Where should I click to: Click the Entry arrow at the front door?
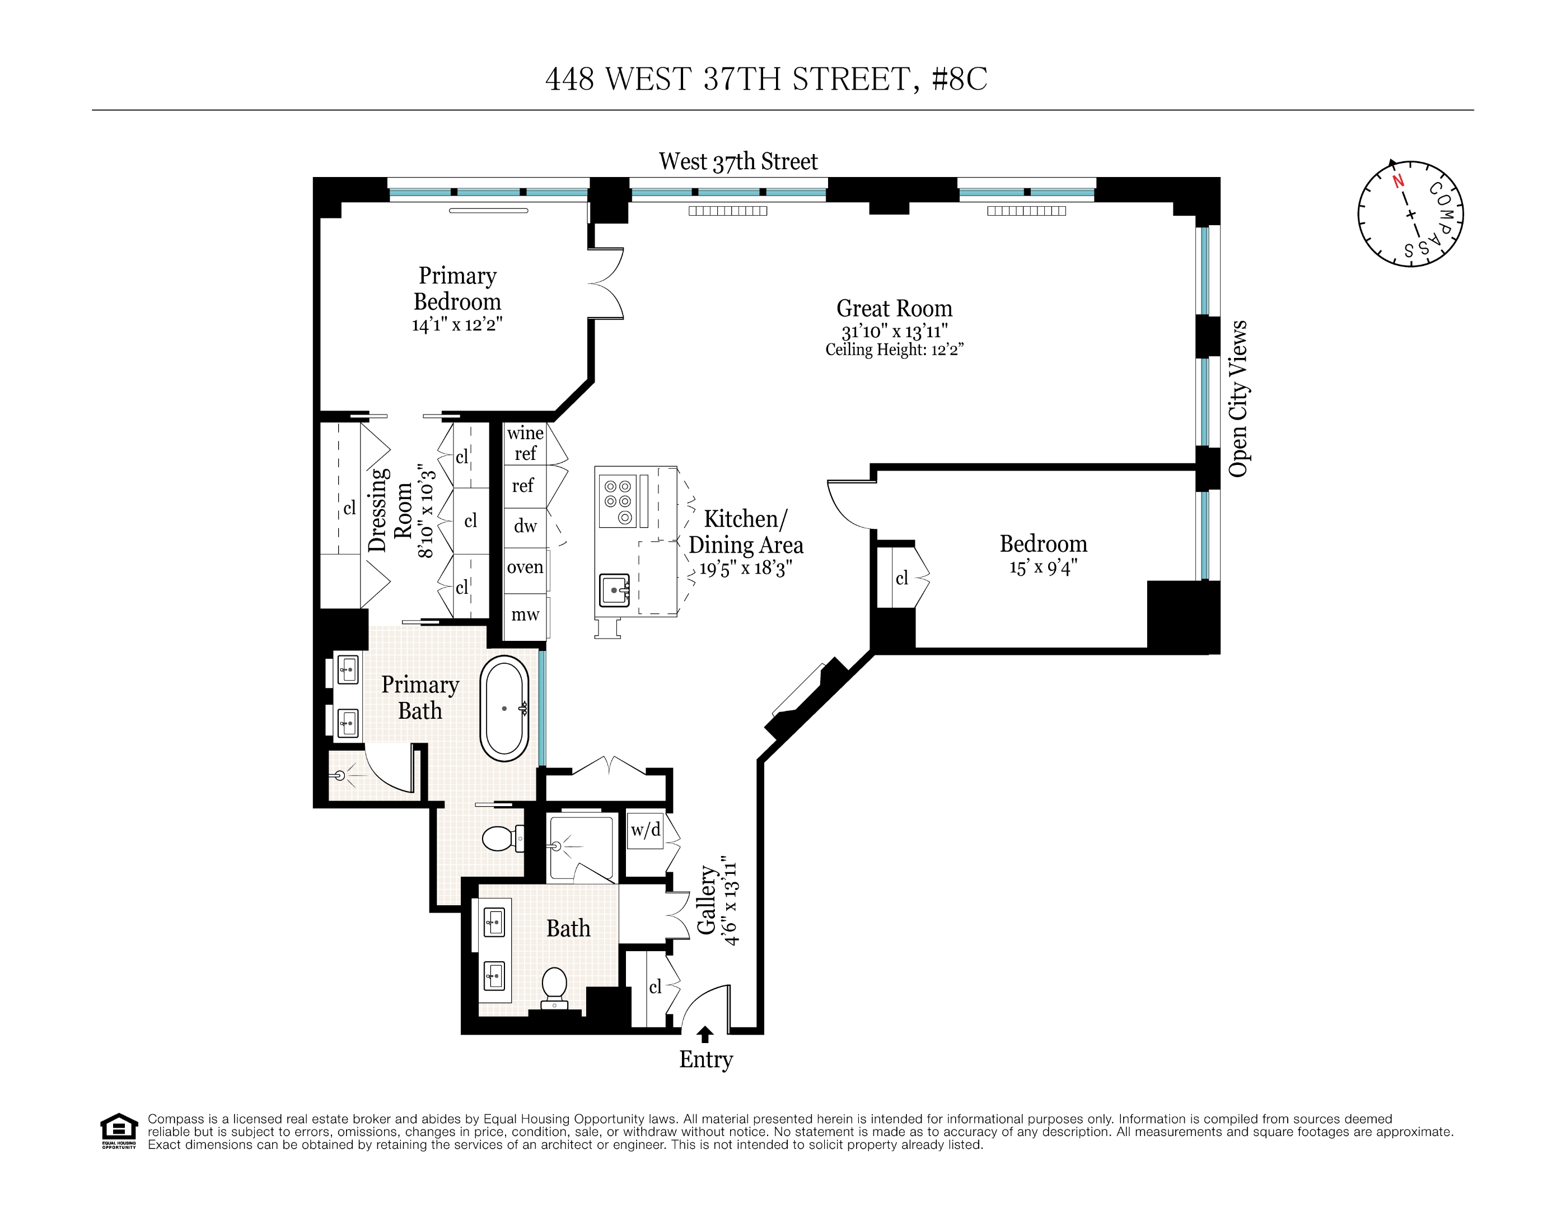(x=705, y=1034)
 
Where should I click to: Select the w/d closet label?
(x=646, y=830)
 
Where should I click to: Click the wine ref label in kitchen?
(x=525, y=443)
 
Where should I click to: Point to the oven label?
(x=525, y=567)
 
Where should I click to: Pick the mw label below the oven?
(x=525, y=615)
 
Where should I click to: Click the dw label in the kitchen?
(x=525, y=527)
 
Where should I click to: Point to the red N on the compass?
(x=1397, y=181)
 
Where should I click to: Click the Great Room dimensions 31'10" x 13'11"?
(x=894, y=332)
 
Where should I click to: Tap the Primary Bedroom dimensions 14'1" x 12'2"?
(x=457, y=325)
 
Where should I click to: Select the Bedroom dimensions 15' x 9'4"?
(x=1043, y=567)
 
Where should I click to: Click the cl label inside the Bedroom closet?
(x=901, y=578)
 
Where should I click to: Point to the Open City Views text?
(x=1238, y=399)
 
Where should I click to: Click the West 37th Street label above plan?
(x=738, y=161)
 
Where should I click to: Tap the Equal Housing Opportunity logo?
(x=118, y=1131)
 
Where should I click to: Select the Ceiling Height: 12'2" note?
(x=894, y=350)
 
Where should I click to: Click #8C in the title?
(x=960, y=79)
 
